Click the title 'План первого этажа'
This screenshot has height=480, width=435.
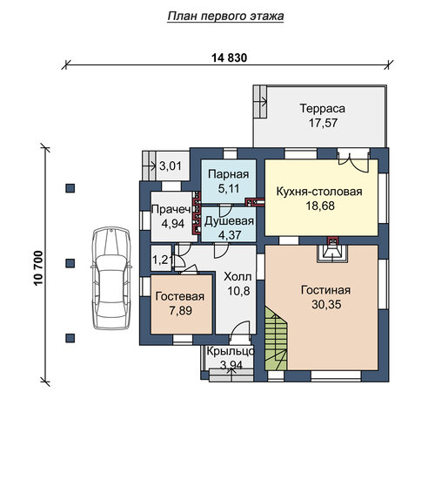click(x=225, y=17)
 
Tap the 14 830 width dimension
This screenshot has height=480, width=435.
click(x=230, y=57)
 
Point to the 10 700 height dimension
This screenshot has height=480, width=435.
click(x=38, y=268)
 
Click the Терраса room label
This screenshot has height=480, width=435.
click(x=323, y=108)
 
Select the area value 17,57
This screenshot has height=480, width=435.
click(x=323, y=123)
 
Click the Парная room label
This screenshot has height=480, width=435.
click(x=228, y=174)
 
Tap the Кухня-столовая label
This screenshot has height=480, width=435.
click(x=319, y=192)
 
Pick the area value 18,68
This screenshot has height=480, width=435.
click(x=320, y=206)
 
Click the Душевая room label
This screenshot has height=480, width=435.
click(x=229, y=221)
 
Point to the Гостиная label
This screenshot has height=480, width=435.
click(x=326, y=290)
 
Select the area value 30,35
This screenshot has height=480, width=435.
click(x=326, y=305)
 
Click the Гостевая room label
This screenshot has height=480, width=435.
click(x=180, y=296)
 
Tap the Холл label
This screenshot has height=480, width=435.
click(x=238, y=277)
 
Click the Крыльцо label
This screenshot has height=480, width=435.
click(x=231, y=351)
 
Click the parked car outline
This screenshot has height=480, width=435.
click(x=111, y=278)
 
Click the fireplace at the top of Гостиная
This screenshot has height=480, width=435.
click(x=332, y=250)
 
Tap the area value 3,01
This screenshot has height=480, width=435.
click(x=171, y=166)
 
